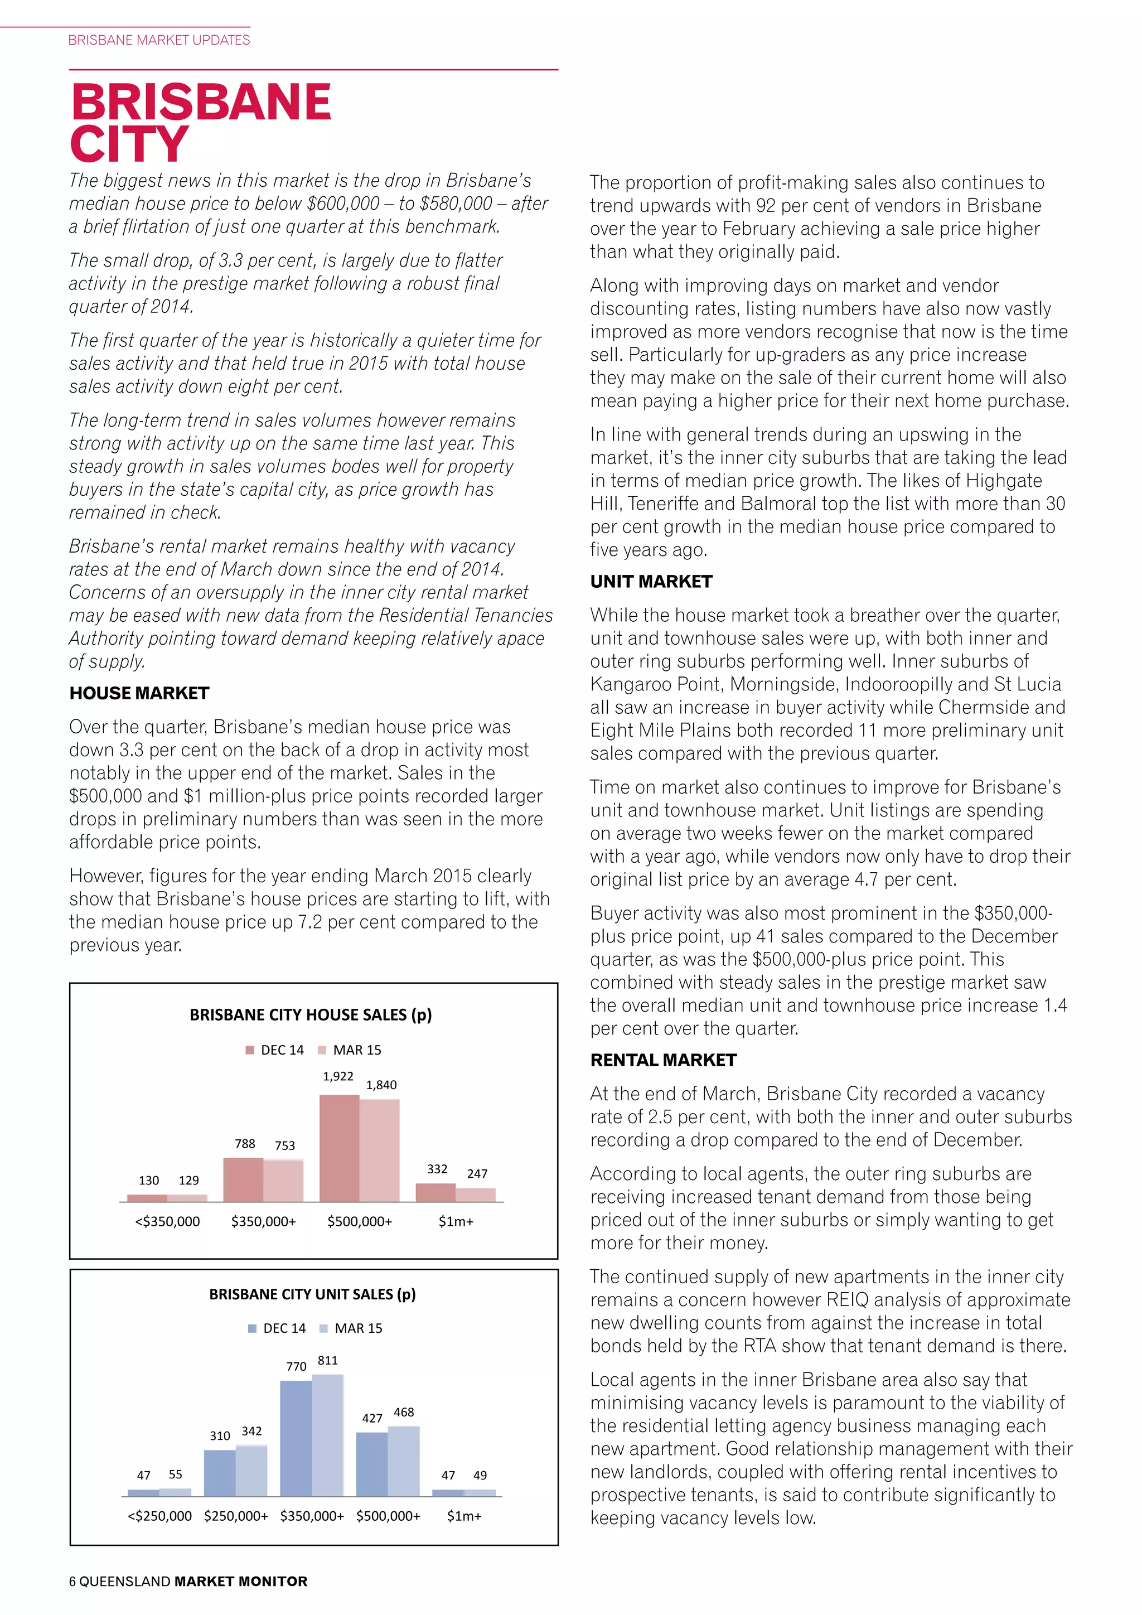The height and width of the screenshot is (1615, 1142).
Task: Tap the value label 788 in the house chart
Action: click(245, 1144)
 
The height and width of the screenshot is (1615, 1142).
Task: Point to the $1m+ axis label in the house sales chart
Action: click(456, 1221)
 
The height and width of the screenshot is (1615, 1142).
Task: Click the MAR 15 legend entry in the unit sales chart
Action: click(352, 1328)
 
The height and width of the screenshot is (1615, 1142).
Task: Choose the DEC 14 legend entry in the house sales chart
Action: click(275, 1050)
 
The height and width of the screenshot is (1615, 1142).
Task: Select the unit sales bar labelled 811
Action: click(328, 1435)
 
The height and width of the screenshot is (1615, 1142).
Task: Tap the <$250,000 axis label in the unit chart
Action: click(159, 1516)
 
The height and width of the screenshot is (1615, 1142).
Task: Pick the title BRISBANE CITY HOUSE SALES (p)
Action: click(310, 1014)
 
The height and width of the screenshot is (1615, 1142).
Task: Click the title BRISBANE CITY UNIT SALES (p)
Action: click(312, 1294)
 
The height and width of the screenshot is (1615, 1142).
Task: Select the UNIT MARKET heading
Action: click(651, 581)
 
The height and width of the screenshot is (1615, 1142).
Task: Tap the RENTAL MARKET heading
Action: click(663, 1060)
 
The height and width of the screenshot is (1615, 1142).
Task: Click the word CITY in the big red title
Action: click(129, 144)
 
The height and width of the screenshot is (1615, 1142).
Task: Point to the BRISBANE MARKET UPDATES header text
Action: click(159, 40)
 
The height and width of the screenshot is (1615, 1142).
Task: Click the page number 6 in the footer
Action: click(72, 1582)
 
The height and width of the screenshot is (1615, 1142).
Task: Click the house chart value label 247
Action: click(477, 1173)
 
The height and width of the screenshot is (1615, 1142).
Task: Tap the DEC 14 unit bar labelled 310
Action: click(219, 1472)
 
